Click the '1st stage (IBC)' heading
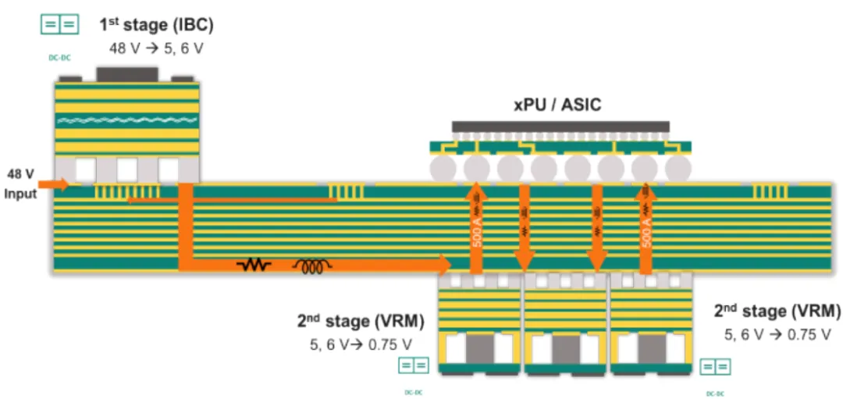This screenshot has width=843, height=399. click(155, 25)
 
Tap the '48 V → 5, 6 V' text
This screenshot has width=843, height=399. click(155, 48)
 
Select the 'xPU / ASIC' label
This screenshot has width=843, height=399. click(557, 105)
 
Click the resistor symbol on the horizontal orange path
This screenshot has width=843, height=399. click(254, 265)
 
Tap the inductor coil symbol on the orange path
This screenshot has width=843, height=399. click(312, 266)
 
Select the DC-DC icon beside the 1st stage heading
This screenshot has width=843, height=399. click(60, 25)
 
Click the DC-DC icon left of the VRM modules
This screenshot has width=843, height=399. click(414, 365)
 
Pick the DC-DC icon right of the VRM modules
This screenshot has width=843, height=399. click(716, 366)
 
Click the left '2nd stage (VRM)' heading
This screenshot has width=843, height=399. click(361, 321)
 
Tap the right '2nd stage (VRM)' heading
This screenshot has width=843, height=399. click(777, 311)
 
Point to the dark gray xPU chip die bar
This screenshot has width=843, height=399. click(560, 126)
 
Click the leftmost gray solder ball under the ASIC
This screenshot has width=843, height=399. click(443, 169)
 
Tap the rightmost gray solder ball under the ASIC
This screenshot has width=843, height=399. click(678, 169)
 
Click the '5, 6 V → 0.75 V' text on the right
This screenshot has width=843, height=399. click(777, 334)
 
